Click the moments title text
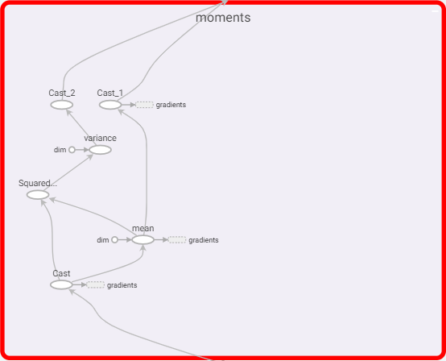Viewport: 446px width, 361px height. coord(223,18)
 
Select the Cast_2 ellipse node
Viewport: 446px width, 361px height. coord(62,105)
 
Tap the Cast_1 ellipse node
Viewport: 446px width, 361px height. coord(110,105)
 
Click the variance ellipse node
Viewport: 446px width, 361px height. coord(100,150)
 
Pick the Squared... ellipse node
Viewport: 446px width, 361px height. coord(38,195)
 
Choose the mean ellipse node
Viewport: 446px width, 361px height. coord(143,240)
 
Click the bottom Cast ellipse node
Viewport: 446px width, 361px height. coord(61,285)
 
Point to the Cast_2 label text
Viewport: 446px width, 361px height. coord(62,93)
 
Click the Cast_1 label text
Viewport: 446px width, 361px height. coord(110,93)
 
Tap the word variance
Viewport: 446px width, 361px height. coord(100,138)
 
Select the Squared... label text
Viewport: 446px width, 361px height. coord(38,183)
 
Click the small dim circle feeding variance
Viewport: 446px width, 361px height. coord(72,150)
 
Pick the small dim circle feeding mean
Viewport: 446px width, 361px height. coord(114,240)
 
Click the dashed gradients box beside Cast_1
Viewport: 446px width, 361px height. coord(144,105)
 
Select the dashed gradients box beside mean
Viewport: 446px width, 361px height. coord(177,240)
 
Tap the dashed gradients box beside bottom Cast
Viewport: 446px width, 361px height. coord(96,285)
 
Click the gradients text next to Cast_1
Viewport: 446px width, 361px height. coord(171,105)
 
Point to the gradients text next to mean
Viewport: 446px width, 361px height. coord(204,240)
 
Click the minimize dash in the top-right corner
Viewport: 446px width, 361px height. coord(436,11)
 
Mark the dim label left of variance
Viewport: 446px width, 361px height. coord(60,150)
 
